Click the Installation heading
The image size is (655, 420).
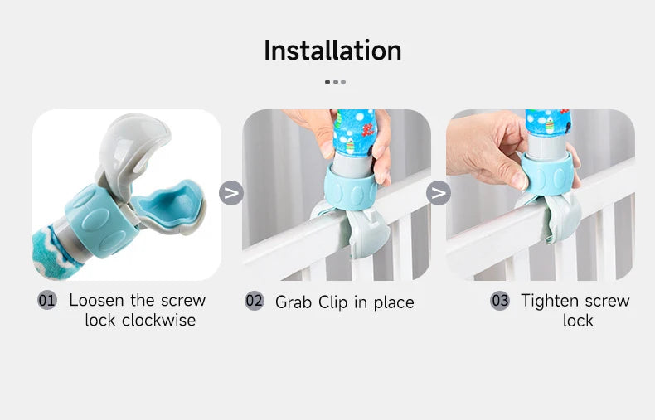(x=332, y=51)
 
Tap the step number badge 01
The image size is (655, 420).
(x=47, y=300)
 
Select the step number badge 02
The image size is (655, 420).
(x=254, y=301)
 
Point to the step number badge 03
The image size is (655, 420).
(x=499, y=300)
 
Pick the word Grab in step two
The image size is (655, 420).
(x=293, y=302)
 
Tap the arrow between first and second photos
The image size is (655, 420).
(x=231, y=193)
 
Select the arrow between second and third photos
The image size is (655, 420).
(x=438, y=193)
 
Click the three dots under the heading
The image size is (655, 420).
(x=335, y=82)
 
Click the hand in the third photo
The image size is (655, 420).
(x=489, y=149)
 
